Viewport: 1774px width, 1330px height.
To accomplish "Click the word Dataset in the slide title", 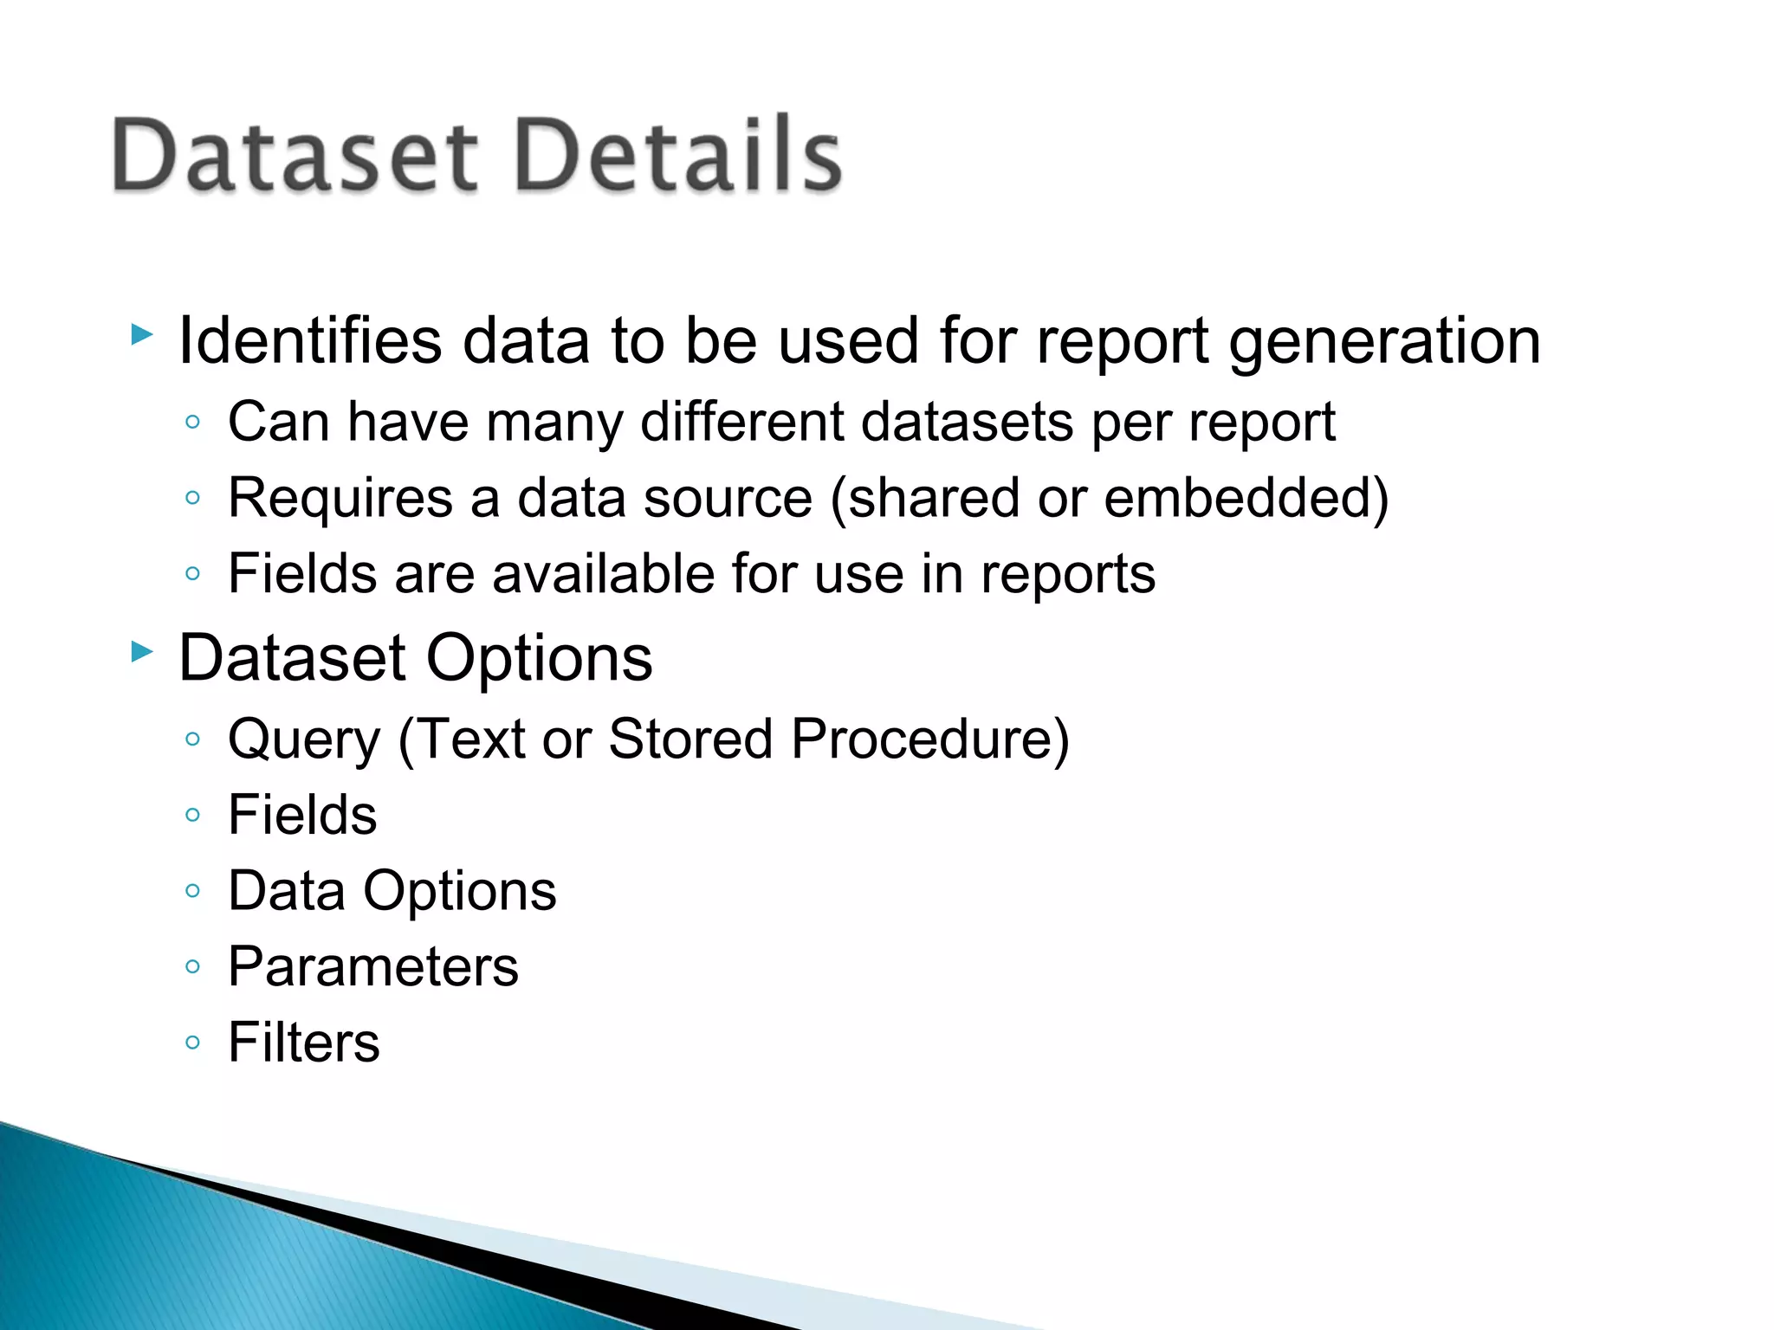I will click(x=295, y=156).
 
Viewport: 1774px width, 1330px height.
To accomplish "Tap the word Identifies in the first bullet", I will click(x=310, y=341).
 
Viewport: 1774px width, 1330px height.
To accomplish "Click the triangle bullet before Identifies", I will click(x=142, y=334).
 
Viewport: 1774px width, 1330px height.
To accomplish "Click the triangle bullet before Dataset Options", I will click(x=142, y=652).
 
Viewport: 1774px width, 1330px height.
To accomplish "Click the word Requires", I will click(x=340, y=500).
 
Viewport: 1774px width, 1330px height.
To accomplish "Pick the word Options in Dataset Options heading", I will click(x=539, y=660).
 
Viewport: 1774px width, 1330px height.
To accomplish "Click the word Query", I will click(x=304, y=741).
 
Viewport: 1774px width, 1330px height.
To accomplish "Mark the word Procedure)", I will click(x=930, y=741).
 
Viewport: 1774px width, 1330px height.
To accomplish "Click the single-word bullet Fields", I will click(x=302, y=816).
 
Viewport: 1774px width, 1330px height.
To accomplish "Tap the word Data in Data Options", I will click(x=287, y=891).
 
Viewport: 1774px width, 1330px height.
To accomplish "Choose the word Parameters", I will click(x=373, y=967).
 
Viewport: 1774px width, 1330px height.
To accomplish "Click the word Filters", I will click(x=304, y=1043).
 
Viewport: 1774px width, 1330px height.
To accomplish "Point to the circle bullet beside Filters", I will click(x=193, y=1043).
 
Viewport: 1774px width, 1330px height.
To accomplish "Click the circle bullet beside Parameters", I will click(x=193, y=966).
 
